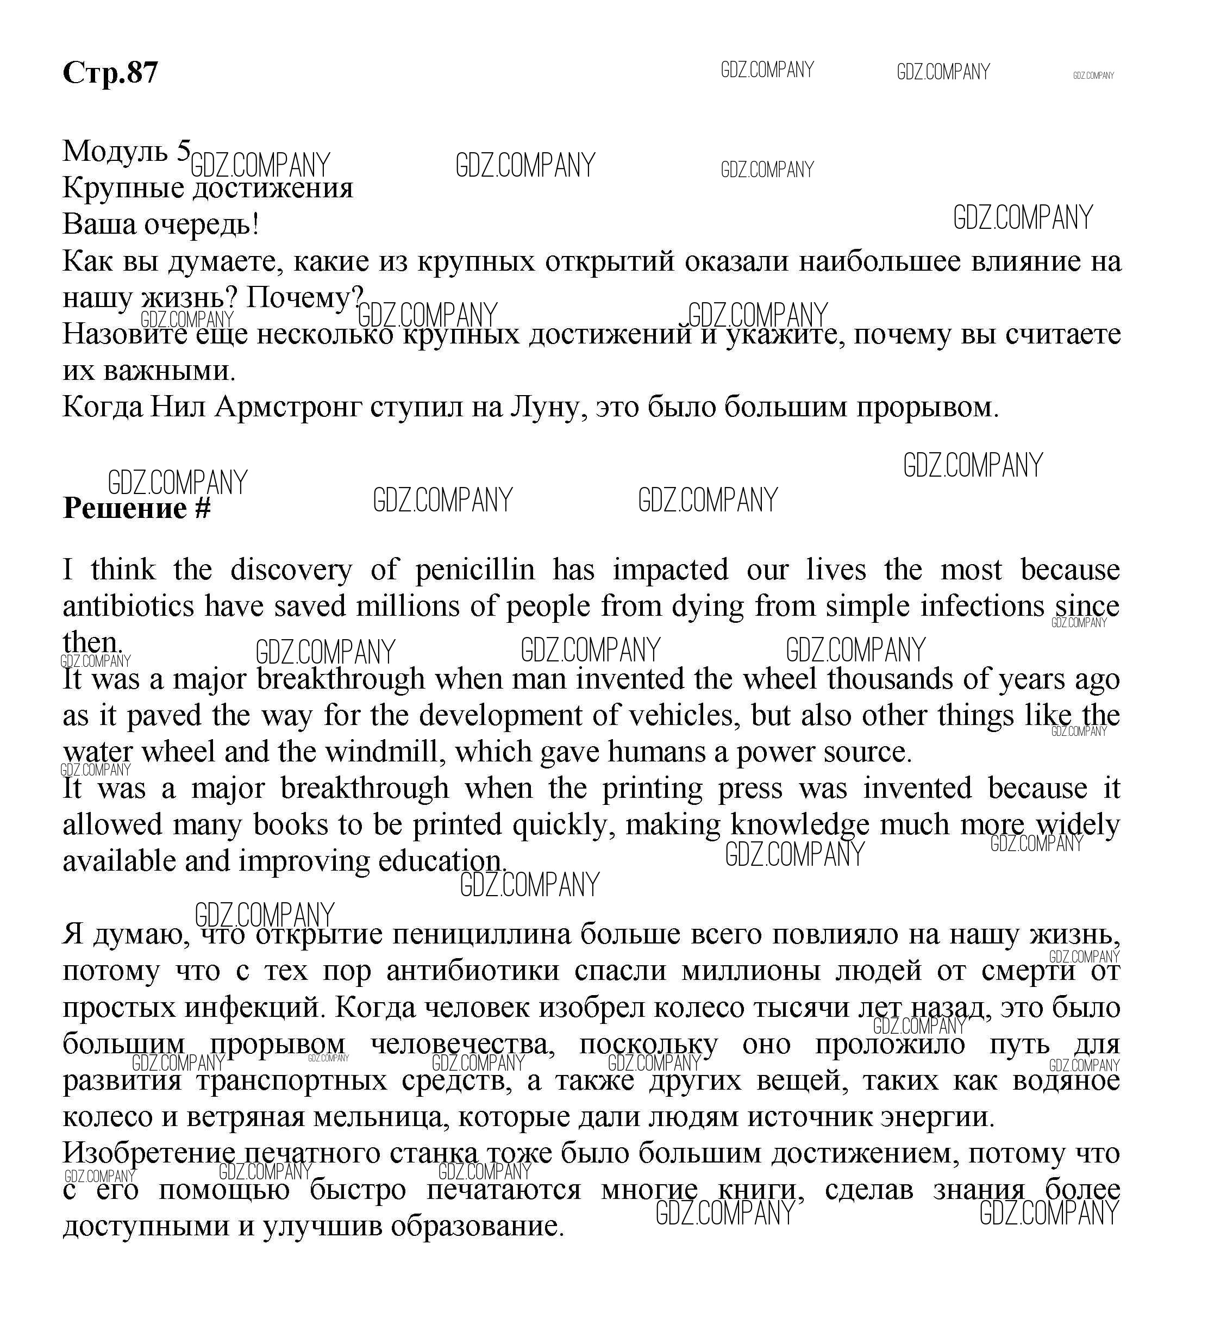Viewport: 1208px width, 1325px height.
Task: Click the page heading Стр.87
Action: click(x=110, y=72)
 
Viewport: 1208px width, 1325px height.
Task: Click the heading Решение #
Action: click(x=137, y=509)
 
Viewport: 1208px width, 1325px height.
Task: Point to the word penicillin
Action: click(x=475, y=570)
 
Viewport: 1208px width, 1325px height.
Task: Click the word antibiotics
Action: click(x=128, y=607)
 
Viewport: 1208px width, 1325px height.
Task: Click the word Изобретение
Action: click(x=148, y=1153)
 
